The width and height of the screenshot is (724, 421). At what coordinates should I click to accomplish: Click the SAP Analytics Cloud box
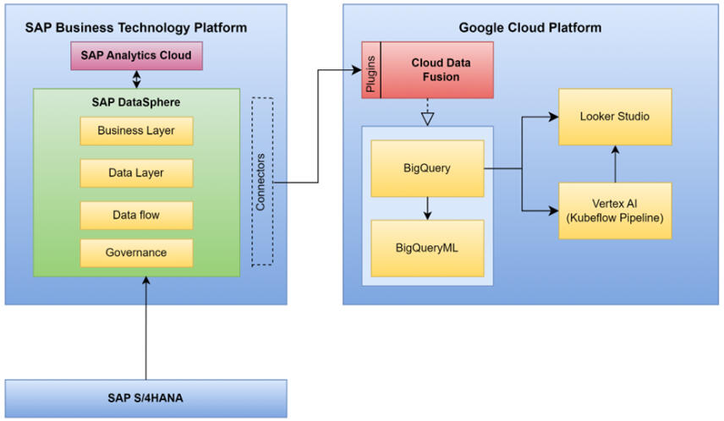(135, 57)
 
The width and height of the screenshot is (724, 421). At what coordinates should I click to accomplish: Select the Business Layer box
(136, 131)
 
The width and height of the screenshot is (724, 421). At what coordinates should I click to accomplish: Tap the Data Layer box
(136, 173)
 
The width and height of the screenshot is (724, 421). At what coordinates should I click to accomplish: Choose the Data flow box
(136, 216)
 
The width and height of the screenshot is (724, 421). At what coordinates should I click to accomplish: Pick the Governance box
(136, 253)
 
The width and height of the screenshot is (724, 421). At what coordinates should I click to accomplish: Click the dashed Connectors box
(262, 181)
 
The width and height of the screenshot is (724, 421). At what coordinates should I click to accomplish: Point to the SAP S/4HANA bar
(145, 398)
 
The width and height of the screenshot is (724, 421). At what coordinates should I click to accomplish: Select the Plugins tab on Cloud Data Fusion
(371, 70)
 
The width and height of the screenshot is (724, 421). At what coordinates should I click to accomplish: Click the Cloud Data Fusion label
(436, 70)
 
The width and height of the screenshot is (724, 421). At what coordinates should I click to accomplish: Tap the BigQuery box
(427, 169)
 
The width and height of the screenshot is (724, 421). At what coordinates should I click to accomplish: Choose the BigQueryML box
(427, 248)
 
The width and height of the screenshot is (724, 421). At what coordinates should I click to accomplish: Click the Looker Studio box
(615, 117)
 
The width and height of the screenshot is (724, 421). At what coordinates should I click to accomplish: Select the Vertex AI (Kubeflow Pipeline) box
(615, 210)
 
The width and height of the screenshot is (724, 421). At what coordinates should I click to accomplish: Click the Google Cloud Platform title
(530, 28)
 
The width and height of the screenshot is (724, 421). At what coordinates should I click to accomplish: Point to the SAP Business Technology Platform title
(136, 28)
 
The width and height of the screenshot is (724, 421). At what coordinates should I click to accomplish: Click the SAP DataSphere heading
(136, 102)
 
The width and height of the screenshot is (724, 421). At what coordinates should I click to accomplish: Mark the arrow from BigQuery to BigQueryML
(428, 209)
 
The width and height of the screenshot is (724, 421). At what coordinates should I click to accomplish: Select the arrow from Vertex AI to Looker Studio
(616, 163)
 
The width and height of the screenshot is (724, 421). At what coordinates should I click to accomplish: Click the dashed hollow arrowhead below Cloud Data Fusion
(428, 117)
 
